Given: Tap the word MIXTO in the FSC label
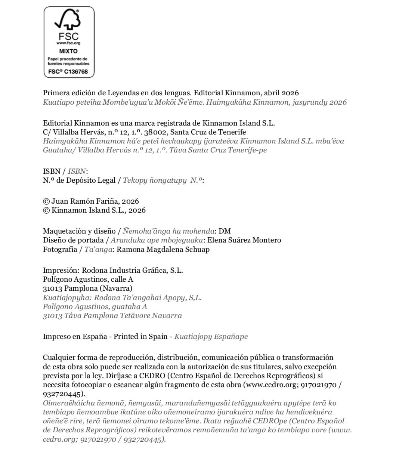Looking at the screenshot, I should coord(69,51).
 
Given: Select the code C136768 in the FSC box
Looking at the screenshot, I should coord(76,71).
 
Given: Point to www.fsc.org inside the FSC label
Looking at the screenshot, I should coord(69,43).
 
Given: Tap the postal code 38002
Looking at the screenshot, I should coord(157,132).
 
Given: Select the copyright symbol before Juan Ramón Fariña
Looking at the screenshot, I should coord(46,201).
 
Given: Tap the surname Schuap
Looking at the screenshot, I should coord(197,249).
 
